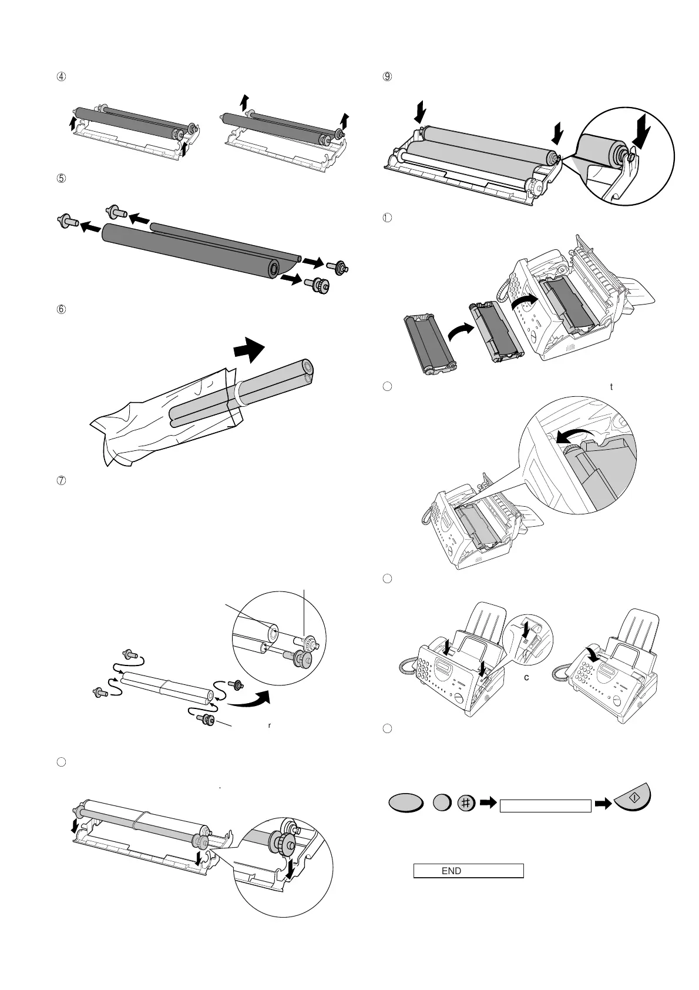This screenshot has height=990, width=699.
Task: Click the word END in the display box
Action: tap(451, 871)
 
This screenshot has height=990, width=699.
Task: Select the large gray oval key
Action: tap(405, 804)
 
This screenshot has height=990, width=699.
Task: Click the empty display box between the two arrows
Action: tap(545, 806)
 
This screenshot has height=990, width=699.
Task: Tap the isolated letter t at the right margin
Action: tap(612, 387)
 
